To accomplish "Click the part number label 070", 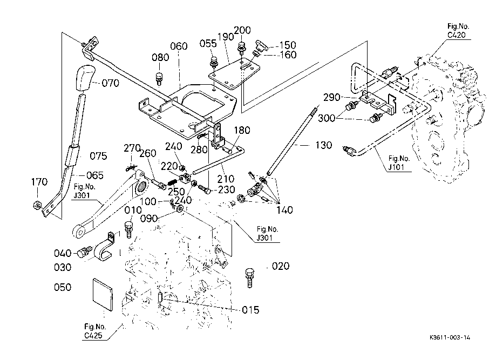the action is click(x=111, y=83).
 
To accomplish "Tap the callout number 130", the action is click(x=324, y=145).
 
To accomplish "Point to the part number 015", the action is click(x=250, y=310).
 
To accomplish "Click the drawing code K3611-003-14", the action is click(x=450, y=337).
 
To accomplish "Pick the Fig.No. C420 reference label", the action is click(x=458, y=31).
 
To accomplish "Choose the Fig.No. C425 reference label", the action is click(x=94, y=331).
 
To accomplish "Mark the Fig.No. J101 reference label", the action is click(x=398, y=162).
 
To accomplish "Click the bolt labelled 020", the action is click(x=249, y=277).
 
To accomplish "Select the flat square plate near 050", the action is click(x=103, y=295).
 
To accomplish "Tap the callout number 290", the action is click(x=331, y=97).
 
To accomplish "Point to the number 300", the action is click(x=327, y=118).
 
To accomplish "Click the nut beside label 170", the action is click(x=37, y=205).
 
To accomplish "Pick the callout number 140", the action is click(x=284, y=210).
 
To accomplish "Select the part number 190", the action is click(x=226, y=37).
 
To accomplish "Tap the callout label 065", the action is click(x=95, y=175).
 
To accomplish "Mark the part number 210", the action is click(x=226, y=179).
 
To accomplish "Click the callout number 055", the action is click(x=208, y=44).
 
